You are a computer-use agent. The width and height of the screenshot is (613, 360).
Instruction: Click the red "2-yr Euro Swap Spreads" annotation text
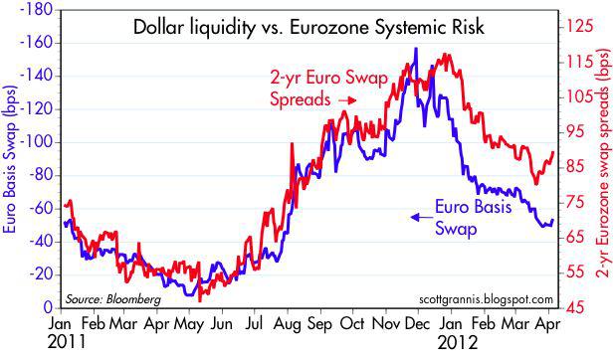316,88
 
